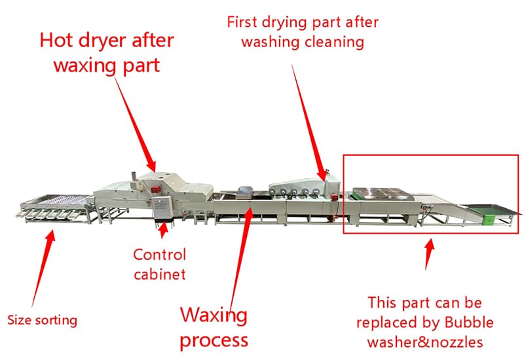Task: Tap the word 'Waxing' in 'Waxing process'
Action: click(x=214, y=316)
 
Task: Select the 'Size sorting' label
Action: click(x=43, y=321)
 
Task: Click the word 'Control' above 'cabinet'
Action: click(x=159, y=255)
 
